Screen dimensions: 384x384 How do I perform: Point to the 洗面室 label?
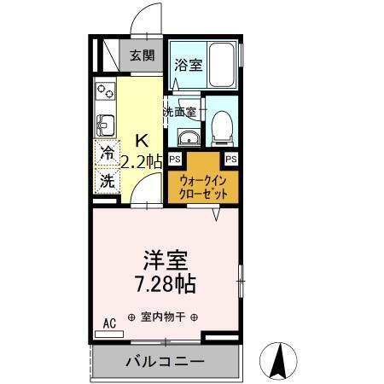180,111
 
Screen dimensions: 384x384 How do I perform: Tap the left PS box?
175,159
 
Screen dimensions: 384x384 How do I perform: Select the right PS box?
231,159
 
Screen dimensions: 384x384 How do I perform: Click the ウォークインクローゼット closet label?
203,187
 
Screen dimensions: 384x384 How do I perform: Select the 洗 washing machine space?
107,181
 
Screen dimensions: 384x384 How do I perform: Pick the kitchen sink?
105,125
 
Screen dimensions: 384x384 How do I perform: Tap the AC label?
109,323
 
